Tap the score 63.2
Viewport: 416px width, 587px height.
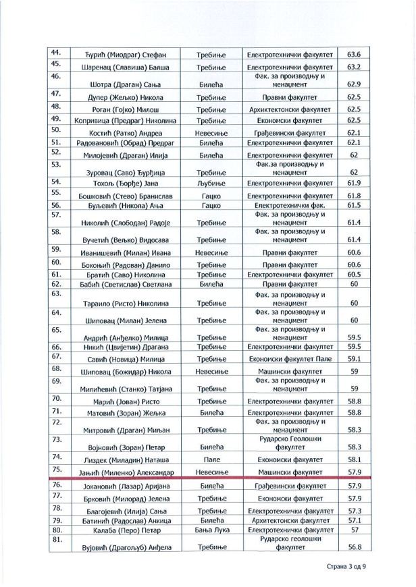point(354,67)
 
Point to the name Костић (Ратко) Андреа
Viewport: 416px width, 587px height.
point(126,134)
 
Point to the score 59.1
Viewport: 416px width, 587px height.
point(354,359)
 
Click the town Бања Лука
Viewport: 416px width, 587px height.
point(211,530)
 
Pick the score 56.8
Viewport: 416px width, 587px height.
point(354,547)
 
